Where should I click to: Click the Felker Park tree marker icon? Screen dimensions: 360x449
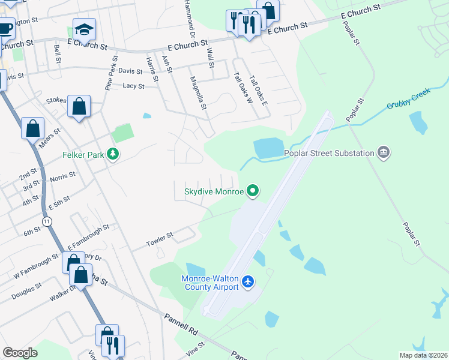click(112, 155)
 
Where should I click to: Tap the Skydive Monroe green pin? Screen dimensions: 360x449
click(253, 192)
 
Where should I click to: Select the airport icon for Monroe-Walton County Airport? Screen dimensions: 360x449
click(249, 281)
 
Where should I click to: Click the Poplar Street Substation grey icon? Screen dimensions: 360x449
click(384, 153)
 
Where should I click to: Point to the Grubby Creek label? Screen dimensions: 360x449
click(405, 104)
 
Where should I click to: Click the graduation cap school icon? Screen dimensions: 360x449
click(84, 29)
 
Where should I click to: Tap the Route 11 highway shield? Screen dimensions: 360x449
click(47, 222)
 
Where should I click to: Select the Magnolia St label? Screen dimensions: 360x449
click(198, 93)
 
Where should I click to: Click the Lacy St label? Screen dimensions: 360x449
click(133, 86)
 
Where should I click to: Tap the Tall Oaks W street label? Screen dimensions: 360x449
click(241, 88)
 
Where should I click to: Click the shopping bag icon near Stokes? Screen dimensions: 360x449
click(79, 107)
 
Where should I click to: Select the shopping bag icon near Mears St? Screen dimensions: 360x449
click(32, 128)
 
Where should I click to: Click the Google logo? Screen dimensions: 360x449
click(20, 353)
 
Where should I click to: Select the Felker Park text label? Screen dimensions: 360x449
click(83, 155)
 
